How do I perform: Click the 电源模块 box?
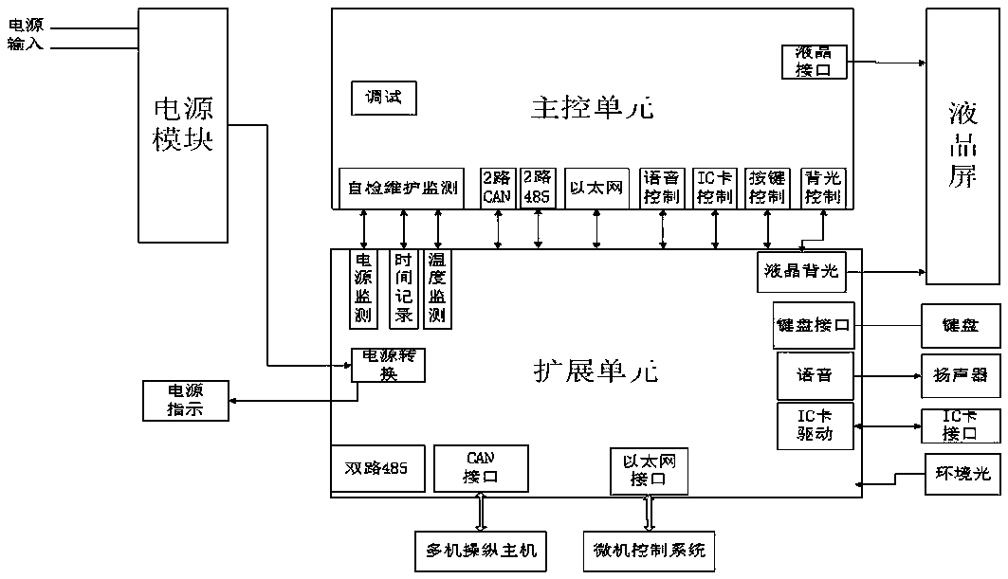183,125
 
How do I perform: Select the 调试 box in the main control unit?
383,98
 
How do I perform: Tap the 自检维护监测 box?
402,189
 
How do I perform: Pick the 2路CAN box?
497,188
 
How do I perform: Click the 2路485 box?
537,188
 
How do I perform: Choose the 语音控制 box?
661,188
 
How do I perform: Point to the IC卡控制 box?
714,188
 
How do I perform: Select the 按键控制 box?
766,188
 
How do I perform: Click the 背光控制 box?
821,188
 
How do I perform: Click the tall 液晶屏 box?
962,147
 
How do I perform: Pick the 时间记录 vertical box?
404,289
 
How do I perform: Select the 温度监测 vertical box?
437,289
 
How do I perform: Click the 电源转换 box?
387,365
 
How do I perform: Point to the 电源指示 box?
185,401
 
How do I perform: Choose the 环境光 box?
962,473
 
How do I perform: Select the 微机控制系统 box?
649,550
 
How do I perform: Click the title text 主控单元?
591,107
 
